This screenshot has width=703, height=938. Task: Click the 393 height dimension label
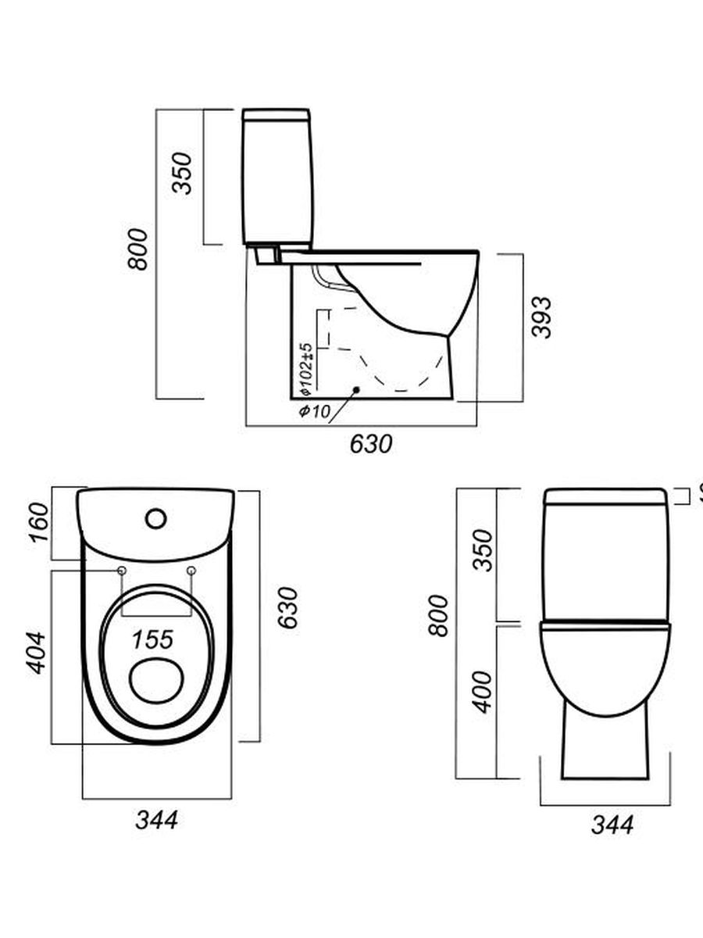point(541,317)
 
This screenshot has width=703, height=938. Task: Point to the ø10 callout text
point(315,412)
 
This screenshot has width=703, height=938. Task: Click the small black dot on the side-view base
point(356,388)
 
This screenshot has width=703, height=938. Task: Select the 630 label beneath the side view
point(370,444)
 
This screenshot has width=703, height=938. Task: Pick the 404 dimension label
point(37,653)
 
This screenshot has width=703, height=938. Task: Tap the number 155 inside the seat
point(152,639)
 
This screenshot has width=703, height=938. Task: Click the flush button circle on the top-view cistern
point(156,517)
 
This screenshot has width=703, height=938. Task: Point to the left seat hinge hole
point(122,572)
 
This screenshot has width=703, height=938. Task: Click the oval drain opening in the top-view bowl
point(156,680)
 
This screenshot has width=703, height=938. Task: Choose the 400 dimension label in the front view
point(484,691)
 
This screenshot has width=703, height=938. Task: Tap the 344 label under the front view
point(612,824)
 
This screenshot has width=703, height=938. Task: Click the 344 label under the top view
point(156,820)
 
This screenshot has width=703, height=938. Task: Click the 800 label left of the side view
point(138,249)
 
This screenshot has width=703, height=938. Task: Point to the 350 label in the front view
point(484,550)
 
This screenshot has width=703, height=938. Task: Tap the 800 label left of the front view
point(440,615)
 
